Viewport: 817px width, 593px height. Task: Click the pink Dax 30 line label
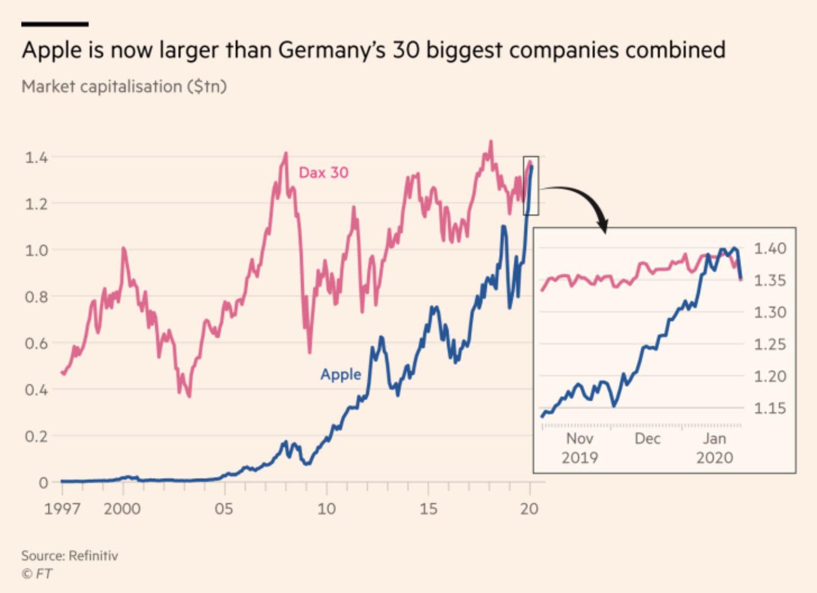[323, 172]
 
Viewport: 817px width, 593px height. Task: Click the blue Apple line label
[341, 374]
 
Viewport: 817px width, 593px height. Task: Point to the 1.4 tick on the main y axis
[36, 157]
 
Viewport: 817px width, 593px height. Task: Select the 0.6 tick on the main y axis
[36, 343]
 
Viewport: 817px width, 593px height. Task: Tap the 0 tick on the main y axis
[43, 482]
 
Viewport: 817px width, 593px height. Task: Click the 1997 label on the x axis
[62, 509]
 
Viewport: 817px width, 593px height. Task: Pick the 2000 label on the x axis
[122, 509]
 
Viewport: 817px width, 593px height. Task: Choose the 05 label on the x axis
[224, 509]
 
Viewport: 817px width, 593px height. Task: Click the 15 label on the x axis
[428, 509]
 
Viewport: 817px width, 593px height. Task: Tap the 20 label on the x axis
[529, 509]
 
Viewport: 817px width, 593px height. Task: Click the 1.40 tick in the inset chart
[770, 248]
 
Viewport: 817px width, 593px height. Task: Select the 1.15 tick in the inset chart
[770, 408]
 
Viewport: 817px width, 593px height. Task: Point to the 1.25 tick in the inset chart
[770, 344]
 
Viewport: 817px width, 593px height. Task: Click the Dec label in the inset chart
[648, 439]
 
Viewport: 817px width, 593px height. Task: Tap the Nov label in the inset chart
[580, 439]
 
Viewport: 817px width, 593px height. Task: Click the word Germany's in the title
[331, 50]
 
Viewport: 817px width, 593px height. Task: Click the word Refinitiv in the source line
[93, 556]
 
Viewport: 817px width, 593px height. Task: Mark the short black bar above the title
[54, 24]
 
